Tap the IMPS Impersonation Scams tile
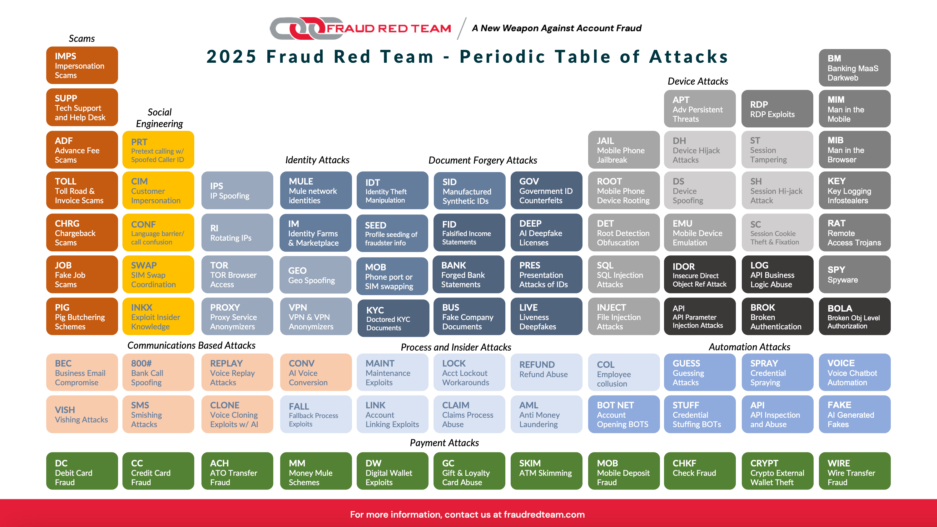[x=82, y=66]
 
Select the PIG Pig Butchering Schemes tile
[x=82, y=316]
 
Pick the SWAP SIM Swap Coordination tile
[x=158, y=275]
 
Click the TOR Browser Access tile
[x=237, y=275]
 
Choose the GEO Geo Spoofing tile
[x=315, y=275]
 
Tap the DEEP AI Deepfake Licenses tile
[x=546, y=233]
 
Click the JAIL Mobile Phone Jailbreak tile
[x=624, y=150]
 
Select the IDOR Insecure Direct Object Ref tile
[x=700, y=275]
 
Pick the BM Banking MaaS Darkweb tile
[x=855, y=68]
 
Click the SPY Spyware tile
[x=855, y=275]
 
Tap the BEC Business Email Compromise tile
[x=82, y=372]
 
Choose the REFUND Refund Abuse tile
[x=546, y=372]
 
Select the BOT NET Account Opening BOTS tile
[x=624, y=414]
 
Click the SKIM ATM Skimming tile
[x=546, y=471]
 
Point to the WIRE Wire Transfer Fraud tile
[x=855, y=471]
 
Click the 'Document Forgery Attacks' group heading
[x=483, y=160]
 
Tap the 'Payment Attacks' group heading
[x=444, y=443]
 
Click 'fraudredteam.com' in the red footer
[x=544, y=515]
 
